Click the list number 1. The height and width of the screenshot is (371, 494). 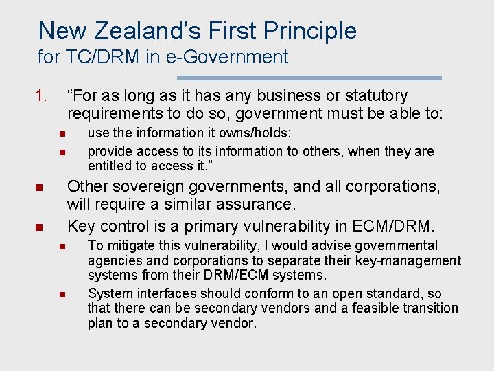[42, 96]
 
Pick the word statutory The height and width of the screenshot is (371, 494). [375, 96]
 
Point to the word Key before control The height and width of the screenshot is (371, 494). [81, 226]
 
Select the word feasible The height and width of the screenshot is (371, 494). [376, 308]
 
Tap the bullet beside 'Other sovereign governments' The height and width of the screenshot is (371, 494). [40, 188]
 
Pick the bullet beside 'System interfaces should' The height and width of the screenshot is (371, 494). [60, 295]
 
